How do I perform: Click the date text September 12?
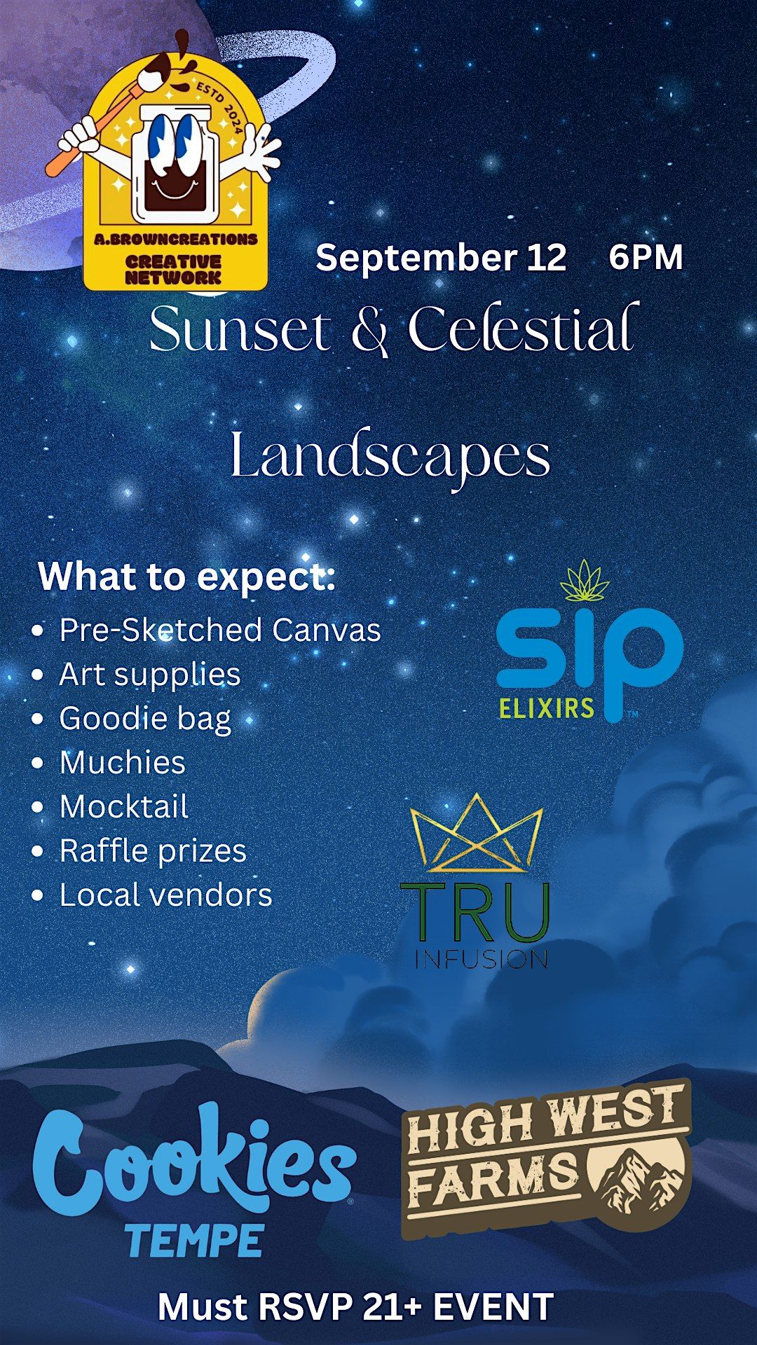(x=441, y=258)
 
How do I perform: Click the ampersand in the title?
(x=369, y=330)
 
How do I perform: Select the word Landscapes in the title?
(x=390, y=456)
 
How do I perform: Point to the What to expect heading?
(x=187, y=577)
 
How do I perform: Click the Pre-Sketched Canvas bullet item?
(x=220, y=630)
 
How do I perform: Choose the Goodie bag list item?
(x=145, y=719)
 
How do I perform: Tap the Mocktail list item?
(x=124, y=806)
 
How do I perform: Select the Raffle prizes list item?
(x=153, y=851)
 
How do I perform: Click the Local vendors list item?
(x=165, y=895)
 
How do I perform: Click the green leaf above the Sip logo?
(x=585, y=581)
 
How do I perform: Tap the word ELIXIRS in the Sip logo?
(x=547, y=708)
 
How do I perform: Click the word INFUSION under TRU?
(x=481, y=959)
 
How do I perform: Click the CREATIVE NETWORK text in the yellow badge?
(x=173, y=270)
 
